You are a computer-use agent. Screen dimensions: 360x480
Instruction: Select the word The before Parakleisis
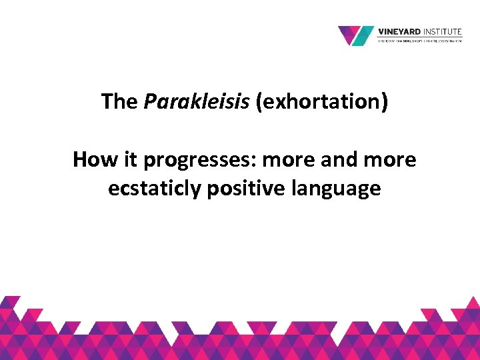click(120, 102)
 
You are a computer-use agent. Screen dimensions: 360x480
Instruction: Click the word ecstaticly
click(155, 189)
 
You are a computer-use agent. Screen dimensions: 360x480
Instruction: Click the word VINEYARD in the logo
click(400, 31)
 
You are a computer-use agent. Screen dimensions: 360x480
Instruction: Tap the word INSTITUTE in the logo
click(443, 31)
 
